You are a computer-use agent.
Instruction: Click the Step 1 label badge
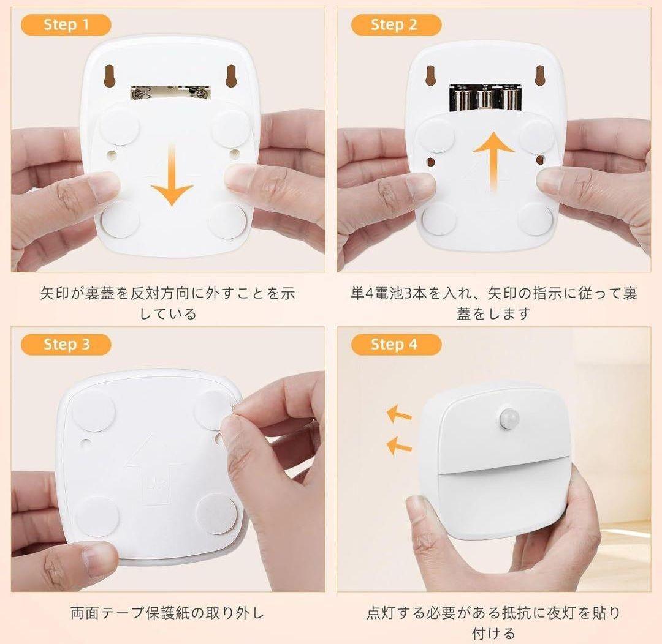click(x=66, y=25)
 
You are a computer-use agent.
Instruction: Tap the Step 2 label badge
click(x=396, y=25)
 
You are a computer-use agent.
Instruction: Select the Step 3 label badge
click(x=66, y=345)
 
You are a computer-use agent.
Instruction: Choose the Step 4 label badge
click(x=396, y=345)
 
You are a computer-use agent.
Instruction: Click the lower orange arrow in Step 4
click(x=399, y=446)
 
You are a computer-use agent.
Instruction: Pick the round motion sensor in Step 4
click(x=509, y=417)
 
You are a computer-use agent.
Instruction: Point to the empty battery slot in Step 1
click(x=170, y=92)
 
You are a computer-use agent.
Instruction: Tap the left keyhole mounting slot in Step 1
click(x=110, y=76)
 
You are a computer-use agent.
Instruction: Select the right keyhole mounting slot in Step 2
click(x=539, y=75)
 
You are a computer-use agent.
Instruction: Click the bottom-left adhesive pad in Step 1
click(x=121, y=219)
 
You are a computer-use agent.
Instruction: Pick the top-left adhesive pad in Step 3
click(x=94, y=410)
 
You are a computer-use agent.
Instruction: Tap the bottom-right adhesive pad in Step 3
click(x=216, y=513)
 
